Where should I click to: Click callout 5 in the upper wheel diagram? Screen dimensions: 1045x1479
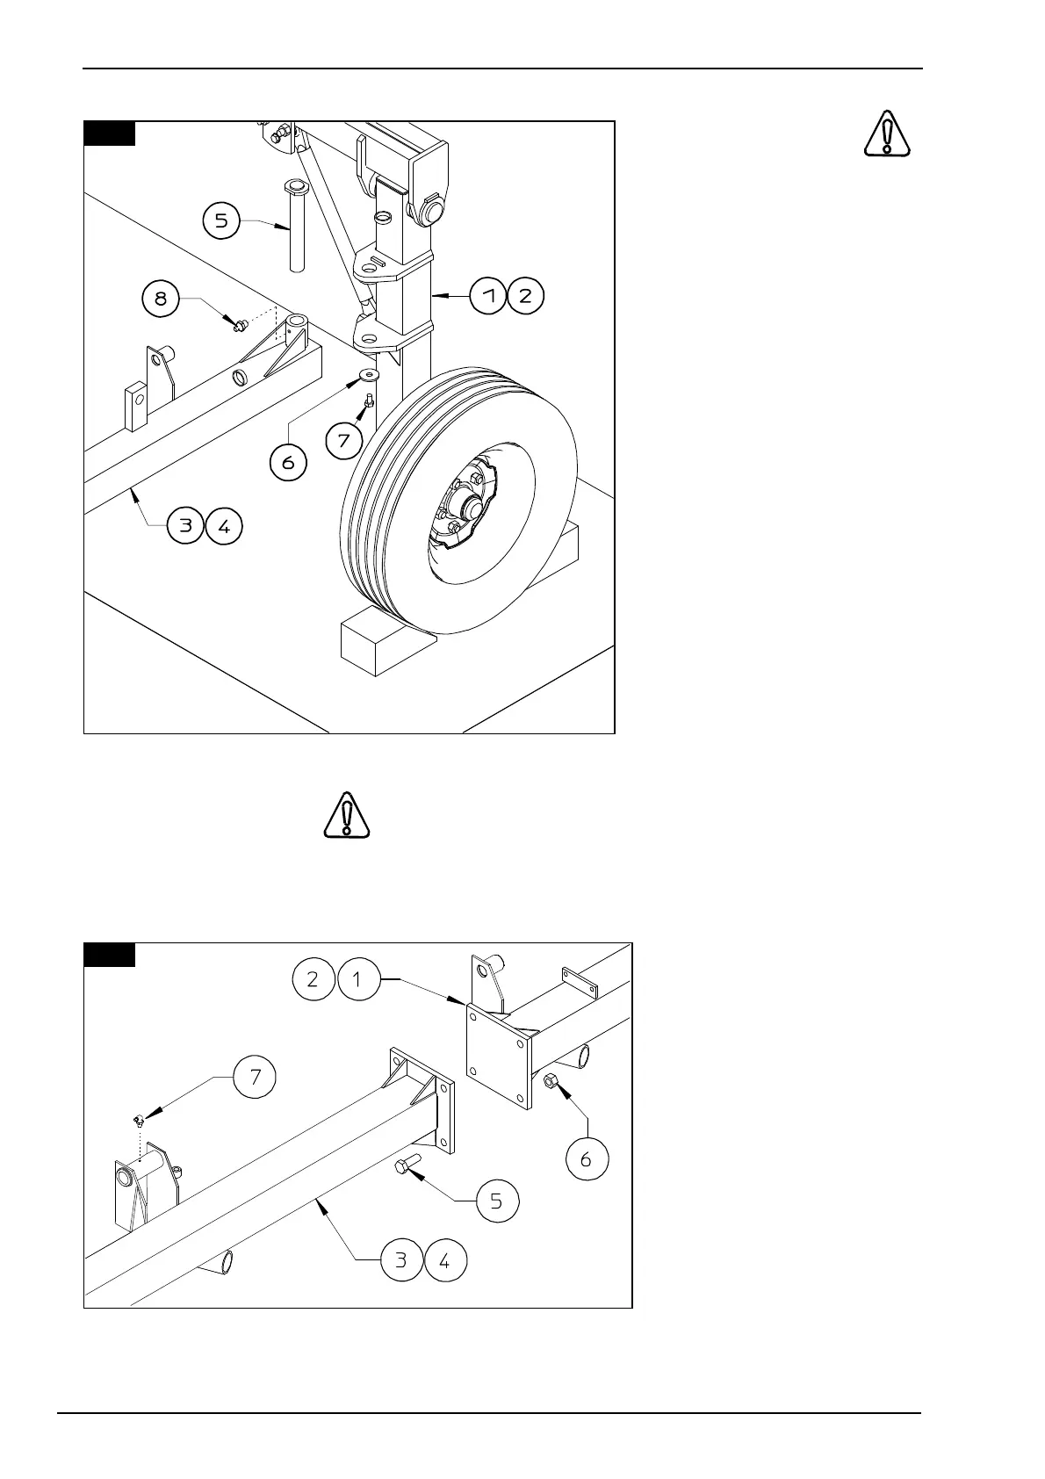[221, 221]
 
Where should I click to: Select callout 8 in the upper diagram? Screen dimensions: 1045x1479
[161, 299]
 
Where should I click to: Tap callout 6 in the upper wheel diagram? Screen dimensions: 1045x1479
[288, 461]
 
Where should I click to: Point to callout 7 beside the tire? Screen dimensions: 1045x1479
[344, 439]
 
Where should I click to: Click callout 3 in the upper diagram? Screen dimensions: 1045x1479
[186, 526]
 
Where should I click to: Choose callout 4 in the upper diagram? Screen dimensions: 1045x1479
[224, 526]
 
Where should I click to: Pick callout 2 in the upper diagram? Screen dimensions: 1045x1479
[525, 295]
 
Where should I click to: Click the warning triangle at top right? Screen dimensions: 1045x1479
[887, 133]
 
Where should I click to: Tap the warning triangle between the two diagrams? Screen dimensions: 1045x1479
[347, 814]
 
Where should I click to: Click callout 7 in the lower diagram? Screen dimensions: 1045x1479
[256, 1077]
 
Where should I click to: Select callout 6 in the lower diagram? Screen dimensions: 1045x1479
[586, 1159]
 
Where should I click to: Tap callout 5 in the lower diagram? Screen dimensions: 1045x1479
[496, 1201]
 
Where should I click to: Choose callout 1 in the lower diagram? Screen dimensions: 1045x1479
[357, 980]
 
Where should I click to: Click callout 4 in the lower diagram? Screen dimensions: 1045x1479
[444, 1261]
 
